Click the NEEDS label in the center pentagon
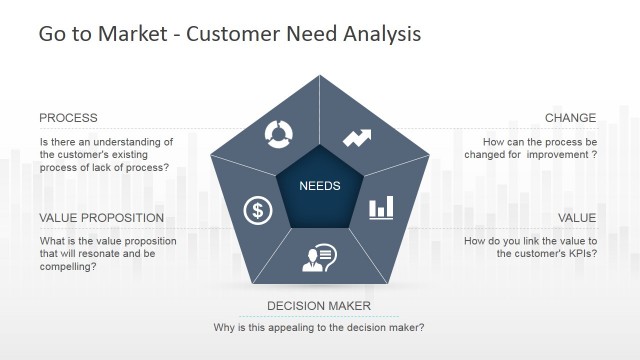pyautogui.click(x=320, y=186)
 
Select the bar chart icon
pyautogui.click(x=381, y=208)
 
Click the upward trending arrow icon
pyautogui.click(x=357, y=137)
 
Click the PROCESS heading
pyautogui.click(x=68, y=118)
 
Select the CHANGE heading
pyautogui.click(x=570, y=118)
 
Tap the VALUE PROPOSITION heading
pyautogui.click(x=101, y=218)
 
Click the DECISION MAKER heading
pyautogui.click(x=319, y=306)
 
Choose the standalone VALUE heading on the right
pyautogui.click(x=577, y=218)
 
